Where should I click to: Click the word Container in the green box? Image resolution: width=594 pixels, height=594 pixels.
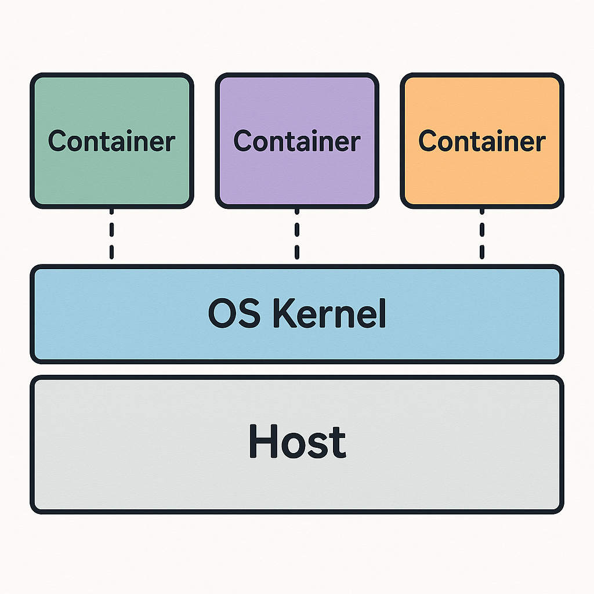pos(111,141)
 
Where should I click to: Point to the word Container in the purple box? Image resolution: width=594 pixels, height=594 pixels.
pos(296,141)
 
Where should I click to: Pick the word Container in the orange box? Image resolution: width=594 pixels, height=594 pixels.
pos(481,141)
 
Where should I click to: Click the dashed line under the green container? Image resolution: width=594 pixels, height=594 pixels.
pos(111,235)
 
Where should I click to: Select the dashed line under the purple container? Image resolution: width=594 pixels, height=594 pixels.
pos(296,235)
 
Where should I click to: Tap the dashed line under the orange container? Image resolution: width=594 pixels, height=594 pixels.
pos(481,235)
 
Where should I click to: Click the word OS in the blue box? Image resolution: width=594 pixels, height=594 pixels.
pos(233,314)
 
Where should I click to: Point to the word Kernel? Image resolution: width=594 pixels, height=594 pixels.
pos(329,314)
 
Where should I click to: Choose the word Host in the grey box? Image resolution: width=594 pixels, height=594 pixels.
pos(297,441)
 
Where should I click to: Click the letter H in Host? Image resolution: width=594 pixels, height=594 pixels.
pos(262,441)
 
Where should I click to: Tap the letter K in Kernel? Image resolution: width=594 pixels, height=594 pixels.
pos(282,314)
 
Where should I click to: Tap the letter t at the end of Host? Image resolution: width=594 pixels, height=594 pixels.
pos(338,443)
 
